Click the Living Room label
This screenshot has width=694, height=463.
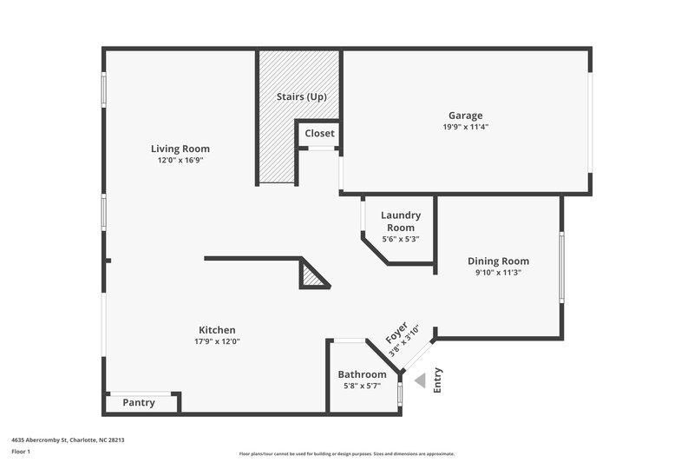pos(180,149)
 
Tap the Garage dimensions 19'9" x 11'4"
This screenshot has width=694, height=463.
pos(465,127)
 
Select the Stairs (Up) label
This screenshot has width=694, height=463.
pos(301,96)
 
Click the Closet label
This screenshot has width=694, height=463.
pos(319,134)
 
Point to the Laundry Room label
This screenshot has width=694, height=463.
pos(400,221)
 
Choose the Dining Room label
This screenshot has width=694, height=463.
pos(498,261)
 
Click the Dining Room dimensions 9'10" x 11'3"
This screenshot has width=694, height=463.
pos(498,272)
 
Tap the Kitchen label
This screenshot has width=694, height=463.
pos(217,330)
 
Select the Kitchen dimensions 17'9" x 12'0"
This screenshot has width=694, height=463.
pos(217,341)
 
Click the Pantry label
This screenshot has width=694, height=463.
pos(139,402)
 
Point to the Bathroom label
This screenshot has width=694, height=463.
pos(362,374)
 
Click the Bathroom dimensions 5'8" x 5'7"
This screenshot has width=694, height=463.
pos(362,386)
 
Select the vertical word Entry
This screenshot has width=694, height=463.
pos(437,380)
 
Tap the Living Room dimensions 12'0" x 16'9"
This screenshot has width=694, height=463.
pos(180,160)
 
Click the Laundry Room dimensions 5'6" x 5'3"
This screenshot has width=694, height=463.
pos(400,239)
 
